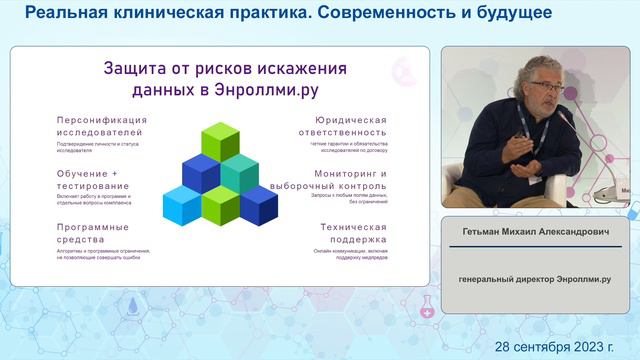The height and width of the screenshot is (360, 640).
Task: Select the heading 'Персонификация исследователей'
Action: [102, 126]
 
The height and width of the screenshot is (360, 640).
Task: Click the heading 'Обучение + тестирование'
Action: [87, 180]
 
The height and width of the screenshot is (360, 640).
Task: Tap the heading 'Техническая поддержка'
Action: [353, 234]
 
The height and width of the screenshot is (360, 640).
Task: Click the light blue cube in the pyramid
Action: [182, 205]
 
